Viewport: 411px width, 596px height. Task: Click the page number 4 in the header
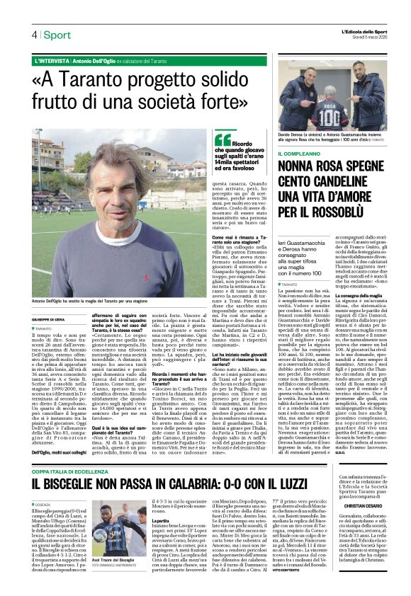(x=33, y=35)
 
